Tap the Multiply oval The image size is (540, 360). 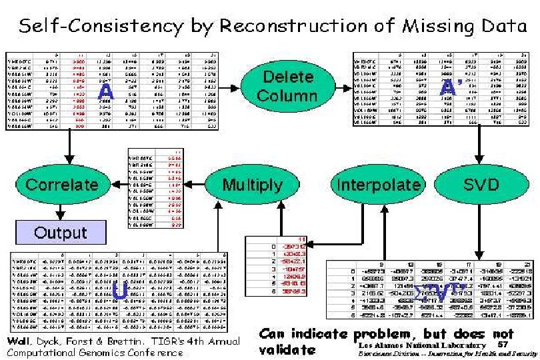click(x=243, y=184)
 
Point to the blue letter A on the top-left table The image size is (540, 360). click(x=105, y=91)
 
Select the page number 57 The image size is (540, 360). click(x=503, y=345)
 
